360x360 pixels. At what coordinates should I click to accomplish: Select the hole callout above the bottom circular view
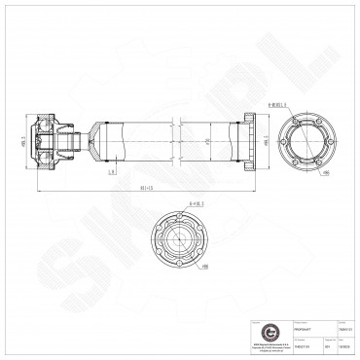[x=191, y=204]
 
